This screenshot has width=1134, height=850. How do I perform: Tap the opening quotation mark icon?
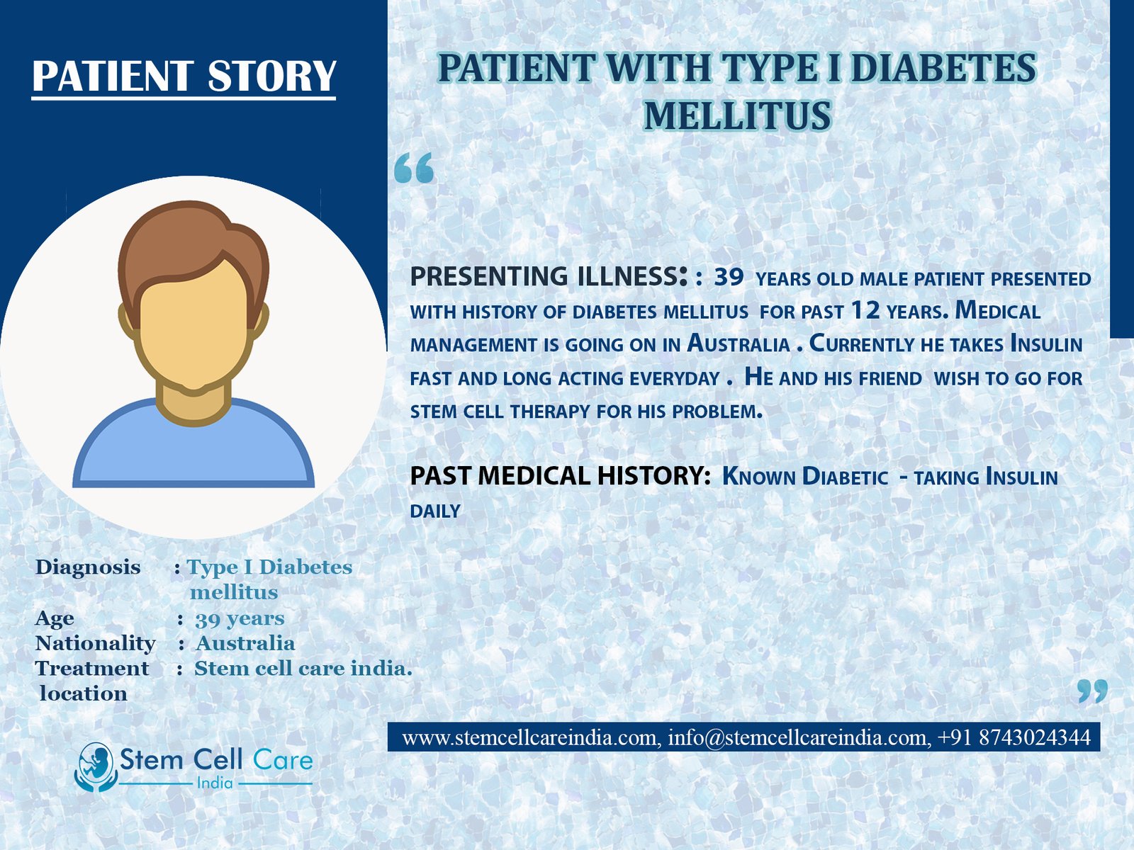[414, 168]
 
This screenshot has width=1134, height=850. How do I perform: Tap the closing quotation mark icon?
[1093, 691]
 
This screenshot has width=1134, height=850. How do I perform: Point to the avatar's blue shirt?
[193, 449]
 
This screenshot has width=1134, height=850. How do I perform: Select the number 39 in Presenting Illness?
[729, 277]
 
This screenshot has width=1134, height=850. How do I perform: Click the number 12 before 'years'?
[865, 310]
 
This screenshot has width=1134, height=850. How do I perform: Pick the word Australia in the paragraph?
[739, 344]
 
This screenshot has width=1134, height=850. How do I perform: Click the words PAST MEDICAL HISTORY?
[561, 476]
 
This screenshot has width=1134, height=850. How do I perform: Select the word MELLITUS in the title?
[737, 115]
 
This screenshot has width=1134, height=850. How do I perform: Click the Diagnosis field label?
[88, 567]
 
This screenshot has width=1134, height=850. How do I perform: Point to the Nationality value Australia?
[245, 644]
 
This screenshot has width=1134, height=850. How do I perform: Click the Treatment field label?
[92, 669]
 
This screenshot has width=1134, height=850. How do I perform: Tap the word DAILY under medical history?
[435, 511]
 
